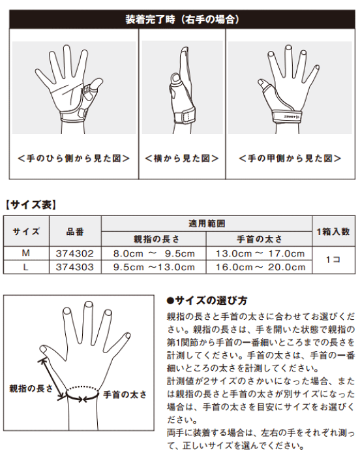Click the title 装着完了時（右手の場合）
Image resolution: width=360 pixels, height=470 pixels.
pos(182,20)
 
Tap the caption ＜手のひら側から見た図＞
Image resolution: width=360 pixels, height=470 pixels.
pos(74,158)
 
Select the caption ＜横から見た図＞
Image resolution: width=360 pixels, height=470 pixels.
pos(182,158)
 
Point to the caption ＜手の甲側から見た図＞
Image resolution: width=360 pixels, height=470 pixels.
pos(290,158)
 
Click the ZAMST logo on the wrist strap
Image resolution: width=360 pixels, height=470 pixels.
pos(290,117)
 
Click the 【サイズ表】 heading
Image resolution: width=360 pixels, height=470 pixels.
pos(31,205)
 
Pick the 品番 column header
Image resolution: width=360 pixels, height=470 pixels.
pos(75,232)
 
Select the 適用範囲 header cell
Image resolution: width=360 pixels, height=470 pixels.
pos(207,224)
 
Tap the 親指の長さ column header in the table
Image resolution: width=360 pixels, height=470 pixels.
pos(157,239)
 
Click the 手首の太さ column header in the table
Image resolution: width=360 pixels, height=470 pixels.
pos(260,239)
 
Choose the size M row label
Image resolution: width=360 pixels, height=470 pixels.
pos(25,253)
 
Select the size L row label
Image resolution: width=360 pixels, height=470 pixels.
pos(25,267)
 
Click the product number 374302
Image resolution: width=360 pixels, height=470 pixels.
pos(75,253)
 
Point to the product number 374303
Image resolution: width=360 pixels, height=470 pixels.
pos(75,267)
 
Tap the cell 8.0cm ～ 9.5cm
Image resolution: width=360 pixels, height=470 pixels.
pos(154,253)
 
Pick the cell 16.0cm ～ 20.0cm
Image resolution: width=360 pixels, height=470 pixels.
pos(261,267)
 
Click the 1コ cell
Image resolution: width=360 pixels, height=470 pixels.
pos(333,260)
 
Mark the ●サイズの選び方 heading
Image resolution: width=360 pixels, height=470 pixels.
pos(207,300)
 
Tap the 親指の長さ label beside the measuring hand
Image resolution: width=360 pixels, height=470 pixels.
pos(31,388)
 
